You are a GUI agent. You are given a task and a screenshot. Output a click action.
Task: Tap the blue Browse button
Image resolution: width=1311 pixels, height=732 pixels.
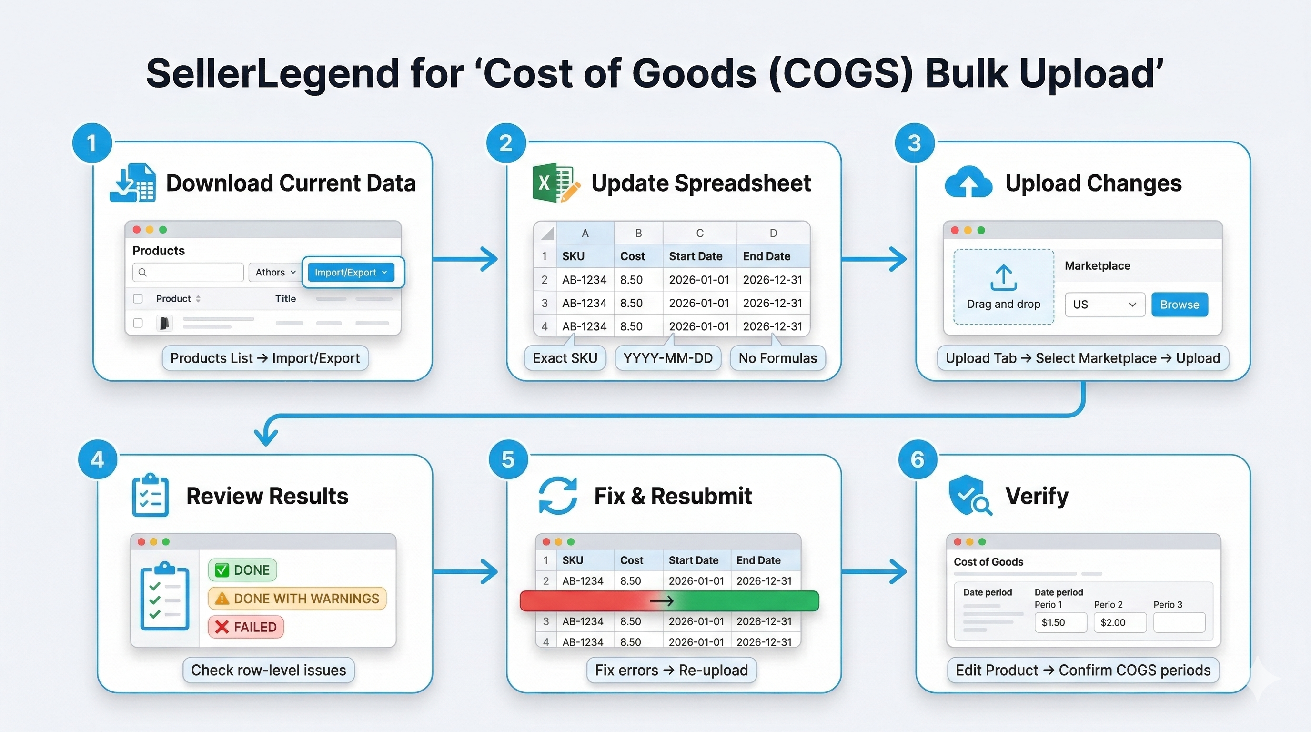1179,305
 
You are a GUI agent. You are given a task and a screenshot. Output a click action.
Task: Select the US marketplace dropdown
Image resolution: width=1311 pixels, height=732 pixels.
1104,305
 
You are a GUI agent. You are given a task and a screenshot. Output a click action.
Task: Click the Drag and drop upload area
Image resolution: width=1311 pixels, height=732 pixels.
1003,286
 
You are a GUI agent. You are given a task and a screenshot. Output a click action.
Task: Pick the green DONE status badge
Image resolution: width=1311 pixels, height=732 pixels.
243,569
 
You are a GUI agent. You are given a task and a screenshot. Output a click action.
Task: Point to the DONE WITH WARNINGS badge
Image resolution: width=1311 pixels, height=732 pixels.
298,598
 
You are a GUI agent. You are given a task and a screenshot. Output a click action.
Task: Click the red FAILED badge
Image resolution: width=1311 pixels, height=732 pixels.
246,627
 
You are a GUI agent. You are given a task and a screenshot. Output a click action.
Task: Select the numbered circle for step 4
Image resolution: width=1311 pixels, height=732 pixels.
97,460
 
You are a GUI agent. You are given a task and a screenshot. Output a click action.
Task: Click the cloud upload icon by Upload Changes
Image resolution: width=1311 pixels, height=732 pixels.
968,183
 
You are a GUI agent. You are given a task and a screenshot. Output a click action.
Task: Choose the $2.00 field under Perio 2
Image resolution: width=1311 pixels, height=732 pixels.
1119,622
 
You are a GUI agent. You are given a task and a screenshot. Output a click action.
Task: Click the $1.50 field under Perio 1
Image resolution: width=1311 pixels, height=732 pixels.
1060,622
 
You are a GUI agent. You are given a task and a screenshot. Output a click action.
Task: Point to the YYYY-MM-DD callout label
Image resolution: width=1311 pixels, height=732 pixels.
668,358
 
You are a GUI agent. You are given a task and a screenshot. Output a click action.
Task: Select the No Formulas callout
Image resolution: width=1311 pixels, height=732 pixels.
777,358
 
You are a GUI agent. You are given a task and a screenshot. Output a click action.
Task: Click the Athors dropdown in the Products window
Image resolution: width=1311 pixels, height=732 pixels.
275,272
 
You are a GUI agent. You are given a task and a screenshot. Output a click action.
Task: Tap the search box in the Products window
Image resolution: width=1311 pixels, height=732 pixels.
188,272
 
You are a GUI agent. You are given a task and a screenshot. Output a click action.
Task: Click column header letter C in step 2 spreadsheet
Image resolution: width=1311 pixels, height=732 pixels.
700,233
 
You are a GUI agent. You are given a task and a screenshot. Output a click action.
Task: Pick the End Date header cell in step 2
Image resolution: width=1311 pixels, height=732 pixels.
766,256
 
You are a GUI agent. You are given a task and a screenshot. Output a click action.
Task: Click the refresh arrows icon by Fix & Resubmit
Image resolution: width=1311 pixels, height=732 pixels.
558,495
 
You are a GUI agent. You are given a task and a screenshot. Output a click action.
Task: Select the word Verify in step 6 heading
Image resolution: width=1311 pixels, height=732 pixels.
1037,495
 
